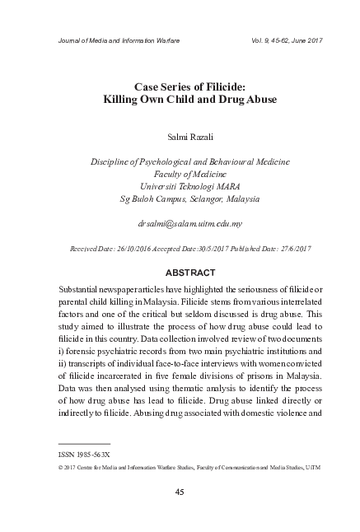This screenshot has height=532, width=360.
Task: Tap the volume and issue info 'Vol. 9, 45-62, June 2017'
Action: [x=264, y=39]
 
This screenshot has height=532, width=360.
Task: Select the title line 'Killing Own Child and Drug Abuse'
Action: [x=179, y=100]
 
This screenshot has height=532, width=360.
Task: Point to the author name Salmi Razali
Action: [x=179, y=134]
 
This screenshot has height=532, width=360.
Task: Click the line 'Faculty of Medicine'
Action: [x=179, y=174]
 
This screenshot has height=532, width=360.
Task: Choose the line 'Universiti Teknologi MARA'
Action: [x=179, y=186]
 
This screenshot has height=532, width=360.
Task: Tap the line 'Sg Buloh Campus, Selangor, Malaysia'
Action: [x=179, y=199]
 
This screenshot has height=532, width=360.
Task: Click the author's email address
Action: [x=179, y=223]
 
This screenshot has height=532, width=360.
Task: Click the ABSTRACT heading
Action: [x=179, y=273]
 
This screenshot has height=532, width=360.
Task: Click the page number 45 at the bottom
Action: [x=179, y=492]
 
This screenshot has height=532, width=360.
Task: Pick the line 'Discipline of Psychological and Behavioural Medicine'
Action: [x=179, y=161]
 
